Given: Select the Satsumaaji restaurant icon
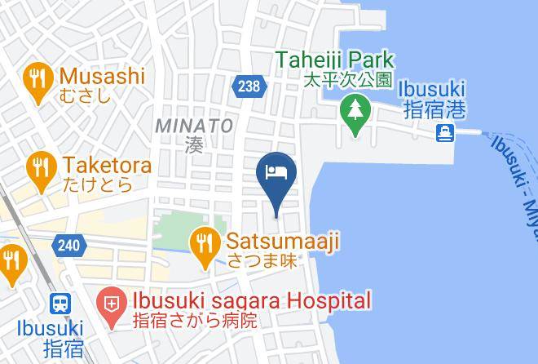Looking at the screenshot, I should coord(203,242).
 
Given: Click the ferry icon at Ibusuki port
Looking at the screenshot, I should coord(445,133).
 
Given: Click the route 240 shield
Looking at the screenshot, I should coord(68,244).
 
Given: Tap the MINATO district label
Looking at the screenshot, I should coord(194,126).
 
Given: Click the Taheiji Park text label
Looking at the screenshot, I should coord(334,60).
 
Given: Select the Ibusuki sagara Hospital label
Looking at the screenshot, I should coord(245,300).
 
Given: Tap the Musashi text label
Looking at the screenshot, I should coord(102,76).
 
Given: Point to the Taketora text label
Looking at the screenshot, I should coord(105,166).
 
